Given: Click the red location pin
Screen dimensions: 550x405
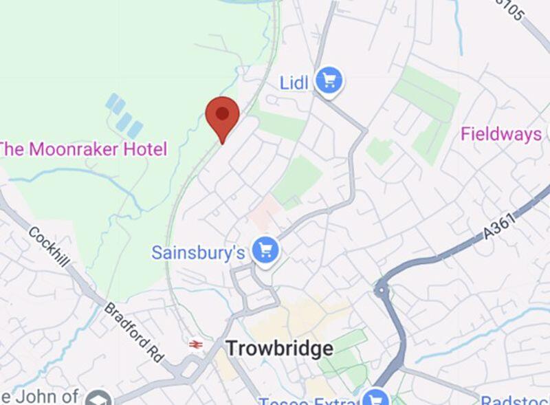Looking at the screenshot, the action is click(x=223, y=116).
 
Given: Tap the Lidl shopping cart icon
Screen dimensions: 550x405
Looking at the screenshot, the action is click(x=329, y=82).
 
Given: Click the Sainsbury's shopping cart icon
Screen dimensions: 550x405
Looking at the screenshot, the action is click(x=264, y=251).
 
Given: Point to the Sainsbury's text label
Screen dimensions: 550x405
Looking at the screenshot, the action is click(x=198, y=252).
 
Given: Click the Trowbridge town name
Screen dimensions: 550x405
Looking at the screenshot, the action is click(x=279, y=349).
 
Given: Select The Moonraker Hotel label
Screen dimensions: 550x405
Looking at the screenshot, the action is click(x=82, y=149).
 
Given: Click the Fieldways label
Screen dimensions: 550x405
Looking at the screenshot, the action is click(x=501, y=133).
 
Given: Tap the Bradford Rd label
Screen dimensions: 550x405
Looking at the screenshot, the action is click(x=134, y=332).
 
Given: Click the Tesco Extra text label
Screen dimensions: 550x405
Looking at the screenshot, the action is click(x=309, y=400).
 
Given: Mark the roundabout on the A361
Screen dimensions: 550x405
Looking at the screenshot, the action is click(x=382, y=290).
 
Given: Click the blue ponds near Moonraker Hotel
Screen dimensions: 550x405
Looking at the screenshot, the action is click(x=124, y=116).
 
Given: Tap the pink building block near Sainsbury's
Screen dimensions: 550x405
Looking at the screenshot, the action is click(x=265, y=210).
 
